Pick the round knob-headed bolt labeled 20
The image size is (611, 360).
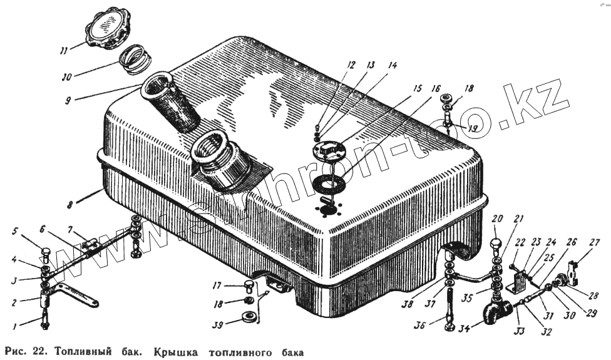496,242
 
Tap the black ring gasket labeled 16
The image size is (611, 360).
326,185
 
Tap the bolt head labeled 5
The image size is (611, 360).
46,254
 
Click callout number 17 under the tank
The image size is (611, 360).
217,285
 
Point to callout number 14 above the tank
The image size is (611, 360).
392,65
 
